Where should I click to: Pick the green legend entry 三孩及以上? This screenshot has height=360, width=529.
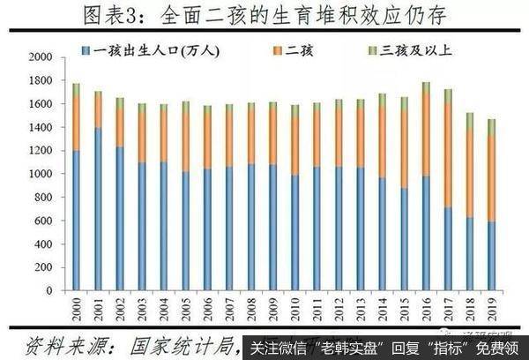pyautogui.click(x=409, y=50)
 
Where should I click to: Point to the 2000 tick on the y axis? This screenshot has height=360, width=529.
pyautogui.click(x=41, y=57)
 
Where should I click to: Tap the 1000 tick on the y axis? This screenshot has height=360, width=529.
pyautogui.click(x=41, y=174)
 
